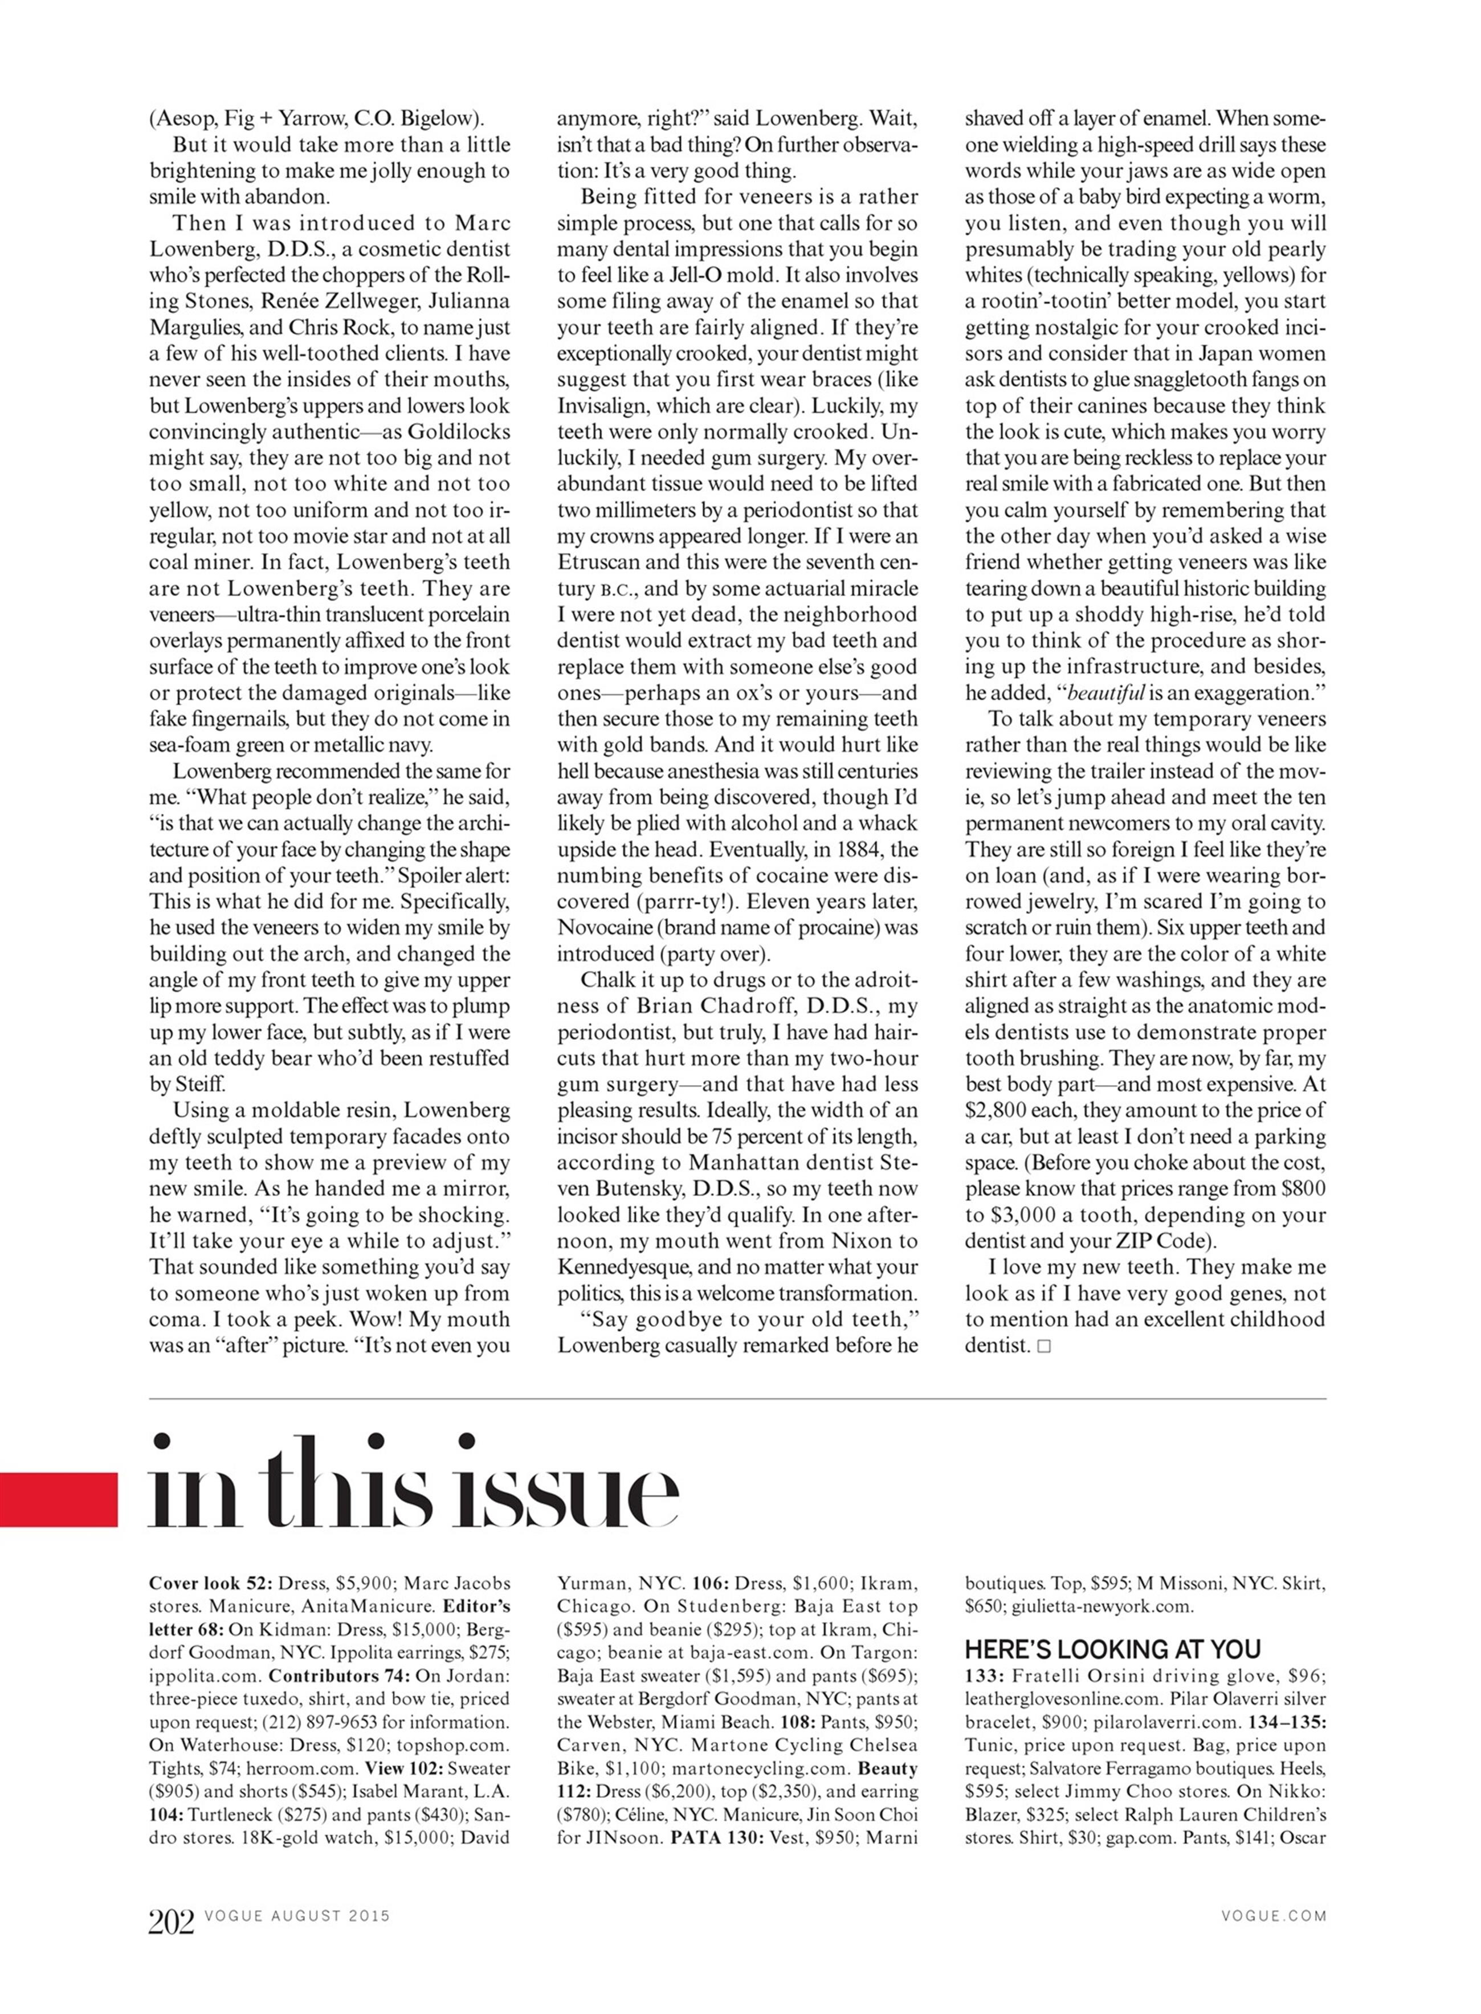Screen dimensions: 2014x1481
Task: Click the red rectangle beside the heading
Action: point(58,1498)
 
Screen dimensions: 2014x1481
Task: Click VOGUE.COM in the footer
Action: point(1273,1916)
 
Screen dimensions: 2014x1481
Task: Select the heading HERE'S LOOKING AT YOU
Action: point(1112,1649)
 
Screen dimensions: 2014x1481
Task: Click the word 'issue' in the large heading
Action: point(565,1487)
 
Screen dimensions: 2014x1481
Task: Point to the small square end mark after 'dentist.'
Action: point(1043,1346)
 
